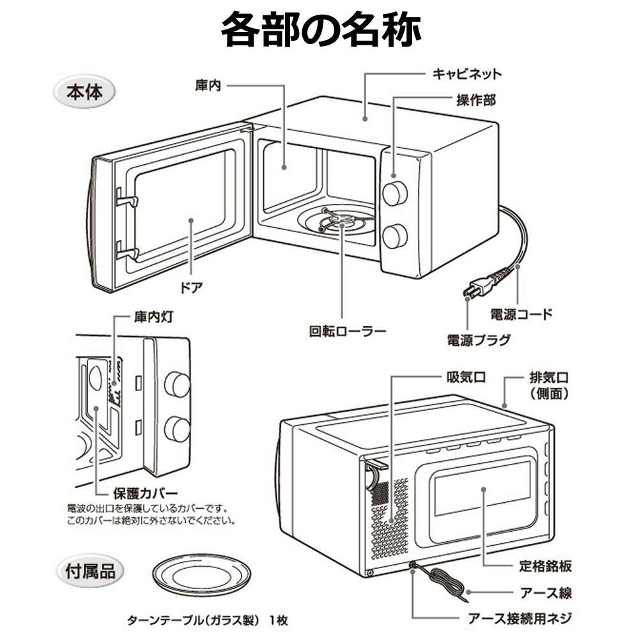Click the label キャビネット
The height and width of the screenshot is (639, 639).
pyautogui.click(x=467, y=73)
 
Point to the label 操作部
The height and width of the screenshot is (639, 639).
pyautogui.click(x=475, y=100)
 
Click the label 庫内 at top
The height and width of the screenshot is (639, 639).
pyautogui.click(x=208, y=85)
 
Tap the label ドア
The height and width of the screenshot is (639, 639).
pyautogui.click(x=192, y=287)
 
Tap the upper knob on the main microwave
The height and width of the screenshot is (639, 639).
pyautogui.click(x=395, y=193)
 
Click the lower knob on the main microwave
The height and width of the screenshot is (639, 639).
pyautogui.click(x=395, y=236)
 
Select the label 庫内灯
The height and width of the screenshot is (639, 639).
pyautogui.click(x=153, y=317)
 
